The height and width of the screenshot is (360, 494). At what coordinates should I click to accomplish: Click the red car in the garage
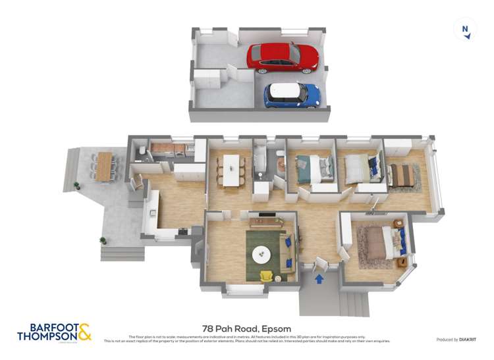[283, 57]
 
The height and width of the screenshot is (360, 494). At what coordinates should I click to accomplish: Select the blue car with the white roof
[292, 95]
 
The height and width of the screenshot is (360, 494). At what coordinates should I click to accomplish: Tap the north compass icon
[466, 30]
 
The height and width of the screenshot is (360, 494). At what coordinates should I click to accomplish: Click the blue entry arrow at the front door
[319, 278]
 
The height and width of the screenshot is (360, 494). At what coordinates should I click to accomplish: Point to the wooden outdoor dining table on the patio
[103, 167]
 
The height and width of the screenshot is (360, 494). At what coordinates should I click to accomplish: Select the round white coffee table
[263, 253]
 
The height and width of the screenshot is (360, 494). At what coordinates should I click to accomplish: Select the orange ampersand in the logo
[84, 330]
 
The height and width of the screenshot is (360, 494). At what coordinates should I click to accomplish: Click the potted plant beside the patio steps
[102, 241]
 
